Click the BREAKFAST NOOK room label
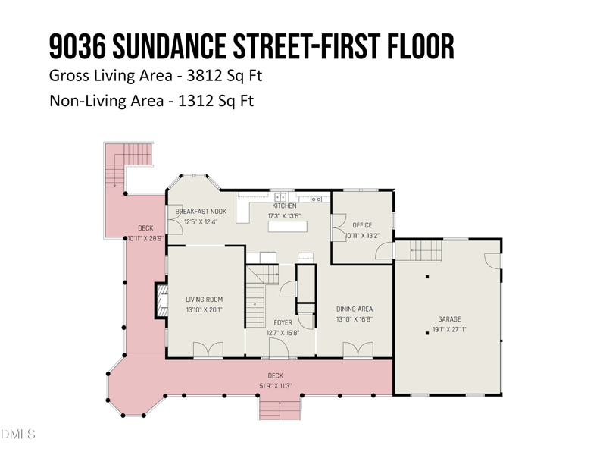click(x=201, y=212)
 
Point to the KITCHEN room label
click(x=284, y=206)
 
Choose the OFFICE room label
click(x=362, y=225)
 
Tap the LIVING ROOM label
click(x=205, y=300)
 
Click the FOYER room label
click(x=283, y=323)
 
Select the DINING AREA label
click(x=355, y=309)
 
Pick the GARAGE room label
click(x=449, y=319)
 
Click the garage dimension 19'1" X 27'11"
click(x=449, y=329)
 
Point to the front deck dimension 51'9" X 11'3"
click(x=275, y=385)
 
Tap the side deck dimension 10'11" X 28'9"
click(x=145, y=238)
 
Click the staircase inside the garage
click(x=420, y=249)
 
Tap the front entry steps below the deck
click(x=280, y=409)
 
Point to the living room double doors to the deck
click(x=207, y=350)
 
